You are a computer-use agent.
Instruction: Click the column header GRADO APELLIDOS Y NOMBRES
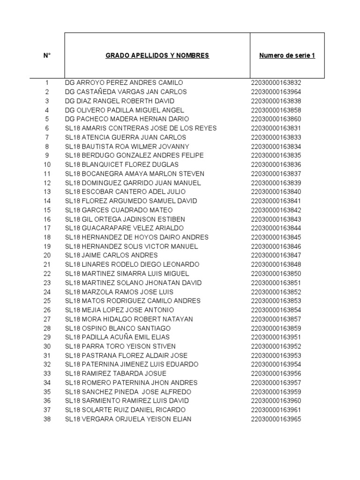pyautogui.click(x=157, y=56)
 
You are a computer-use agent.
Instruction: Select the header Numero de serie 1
pyautogui.click(x=287, y=56)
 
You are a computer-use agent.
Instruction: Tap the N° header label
pyautogui.click(x=47, y=56)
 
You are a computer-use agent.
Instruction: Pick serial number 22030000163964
pyautogui.click(x=276, y=92)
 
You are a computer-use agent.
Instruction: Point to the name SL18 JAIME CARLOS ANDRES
pyautogui.click(x=111, y=255)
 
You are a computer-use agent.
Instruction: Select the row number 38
pyautogui.click(x=47, y=419)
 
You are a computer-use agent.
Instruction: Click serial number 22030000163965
pyautogui.click(x=276, y=419)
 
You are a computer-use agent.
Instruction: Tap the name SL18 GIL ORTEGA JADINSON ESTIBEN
pyautogui.click(x=125, y=219)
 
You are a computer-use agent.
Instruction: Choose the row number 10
pyautogui.click(x=47, y=165)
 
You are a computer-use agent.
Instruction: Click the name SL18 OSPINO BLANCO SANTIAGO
pyautogui.click(x=118, y=328)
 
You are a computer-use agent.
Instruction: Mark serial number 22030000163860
pyautogui.click(x=276, y=119)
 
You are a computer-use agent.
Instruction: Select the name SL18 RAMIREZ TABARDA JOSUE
pyautogui.click(x=115, y=374)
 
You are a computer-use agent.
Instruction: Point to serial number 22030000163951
pyautogui.click(x=276, y=337)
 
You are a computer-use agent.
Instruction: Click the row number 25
pyautogui.click(x=47, y=301)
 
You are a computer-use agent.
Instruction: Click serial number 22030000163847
pyautogui.click(x=276, y=255)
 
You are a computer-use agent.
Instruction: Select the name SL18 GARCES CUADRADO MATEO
pyautogui.click(x=119, y=210)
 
